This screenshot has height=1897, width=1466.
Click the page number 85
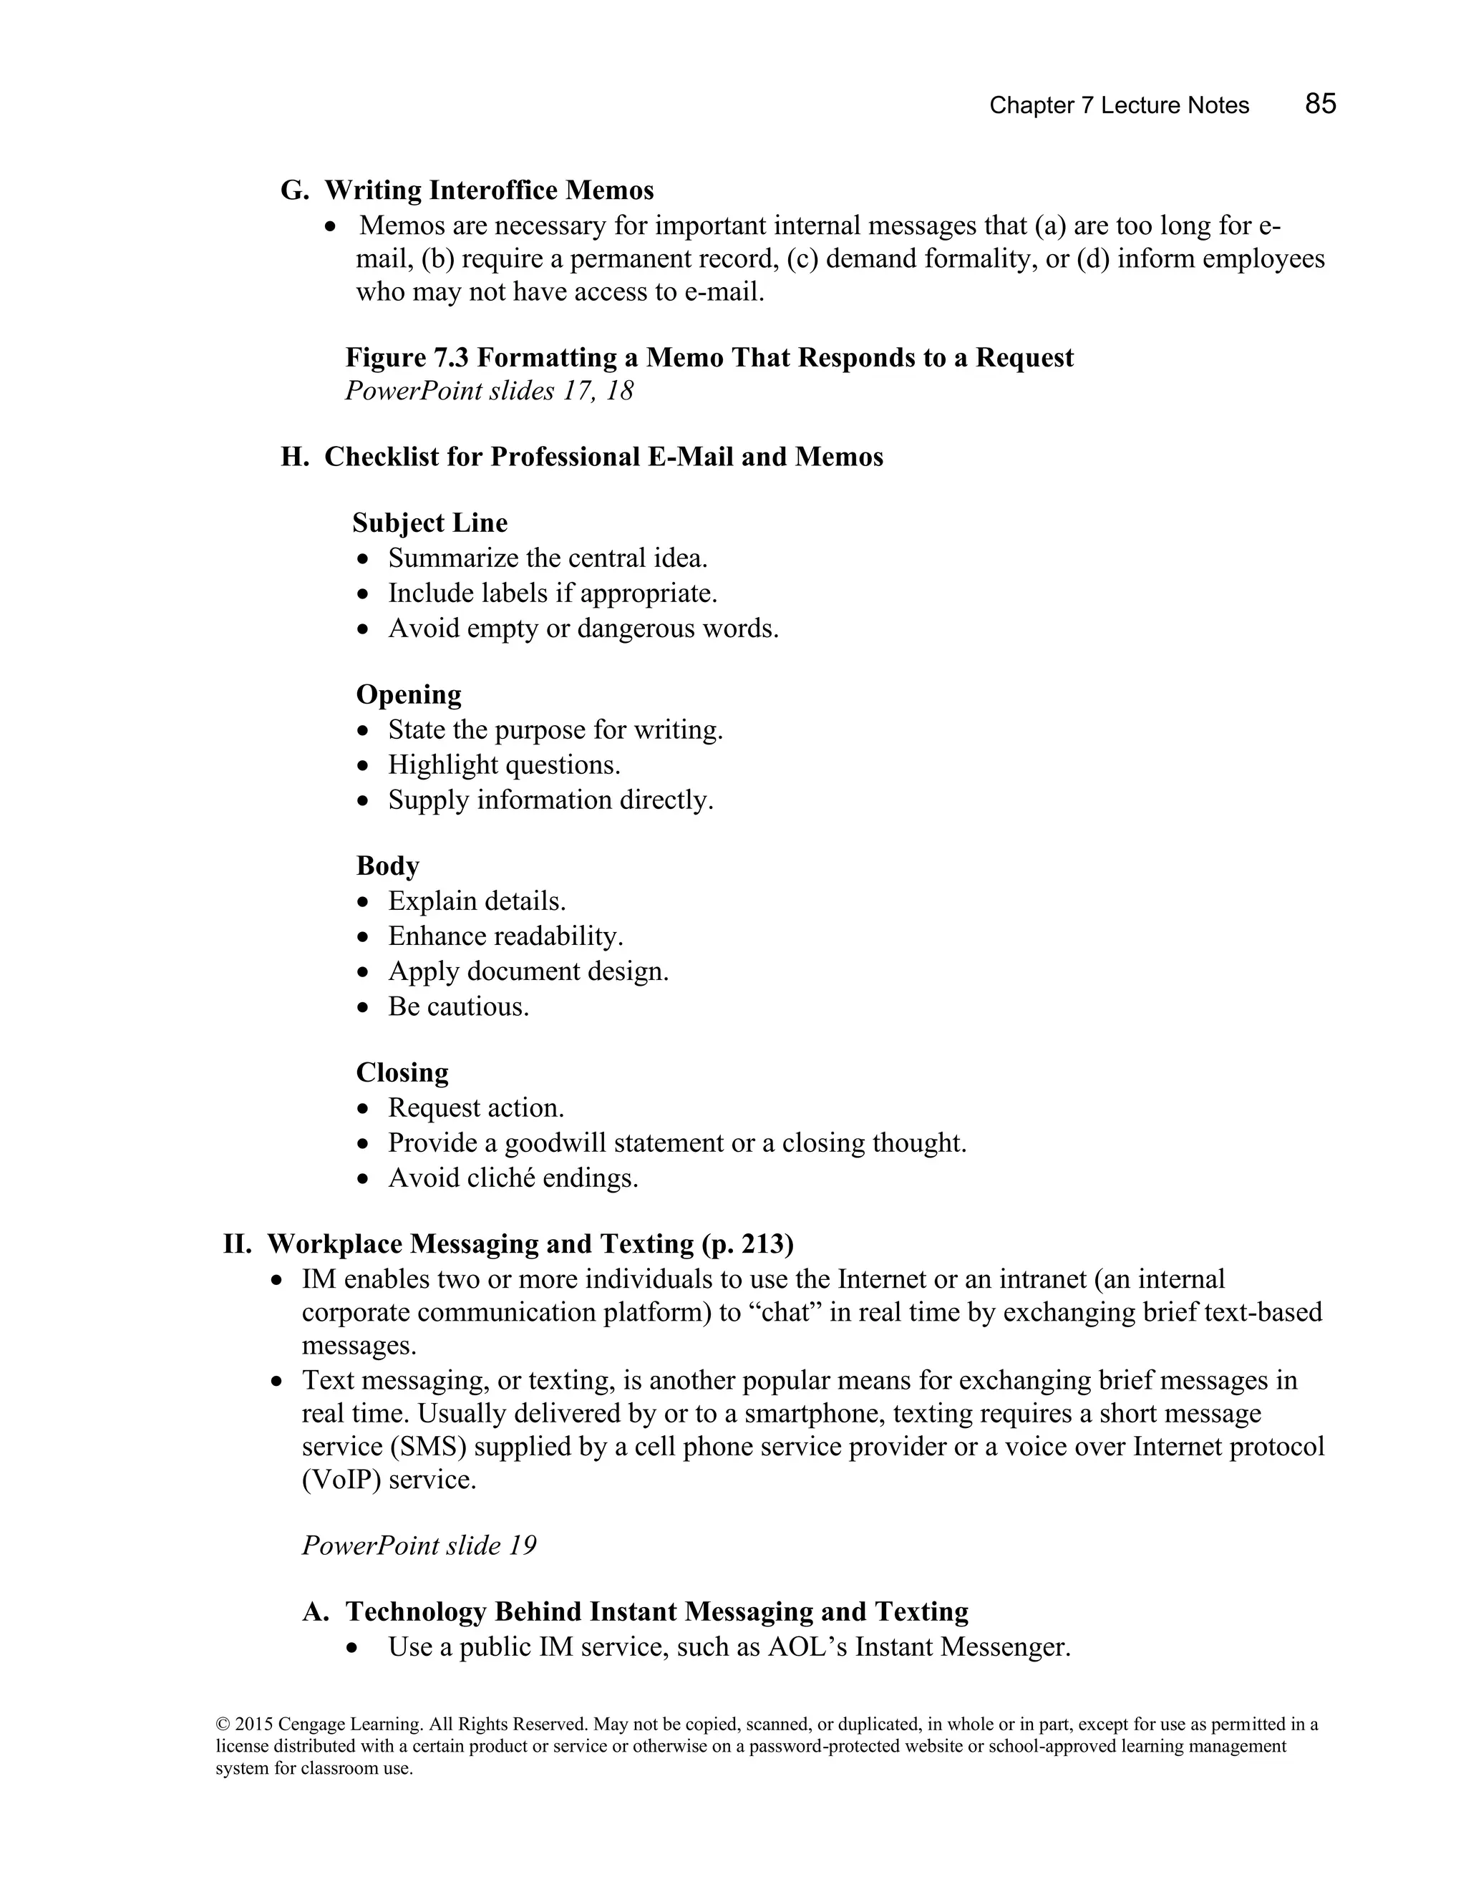[x=1319, y=105]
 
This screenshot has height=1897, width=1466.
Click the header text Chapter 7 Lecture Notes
[x=1119, y=106]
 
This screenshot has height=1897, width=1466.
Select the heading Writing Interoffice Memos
[x=489, y=190]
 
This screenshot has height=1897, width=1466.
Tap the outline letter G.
[x=293, y=190]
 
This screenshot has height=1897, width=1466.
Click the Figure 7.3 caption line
[x=709, y=358]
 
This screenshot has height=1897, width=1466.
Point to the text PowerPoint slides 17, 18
[x=489, y=391]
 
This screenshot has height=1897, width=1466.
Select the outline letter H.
[x=293, y=457]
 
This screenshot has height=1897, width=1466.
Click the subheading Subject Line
[x=430, y=523]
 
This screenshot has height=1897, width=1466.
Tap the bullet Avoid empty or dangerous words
[x=583, y=628]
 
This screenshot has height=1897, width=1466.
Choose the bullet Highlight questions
[x=504, y=765]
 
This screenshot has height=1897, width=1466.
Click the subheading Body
[x=387, y=866]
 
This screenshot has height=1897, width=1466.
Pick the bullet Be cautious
[x=457, y=1006]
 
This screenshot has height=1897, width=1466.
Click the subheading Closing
[x=402, y=1073]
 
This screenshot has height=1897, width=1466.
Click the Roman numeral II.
[x=236, y=1244]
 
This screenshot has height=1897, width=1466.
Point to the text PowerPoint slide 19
[x=419, y=1546]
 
